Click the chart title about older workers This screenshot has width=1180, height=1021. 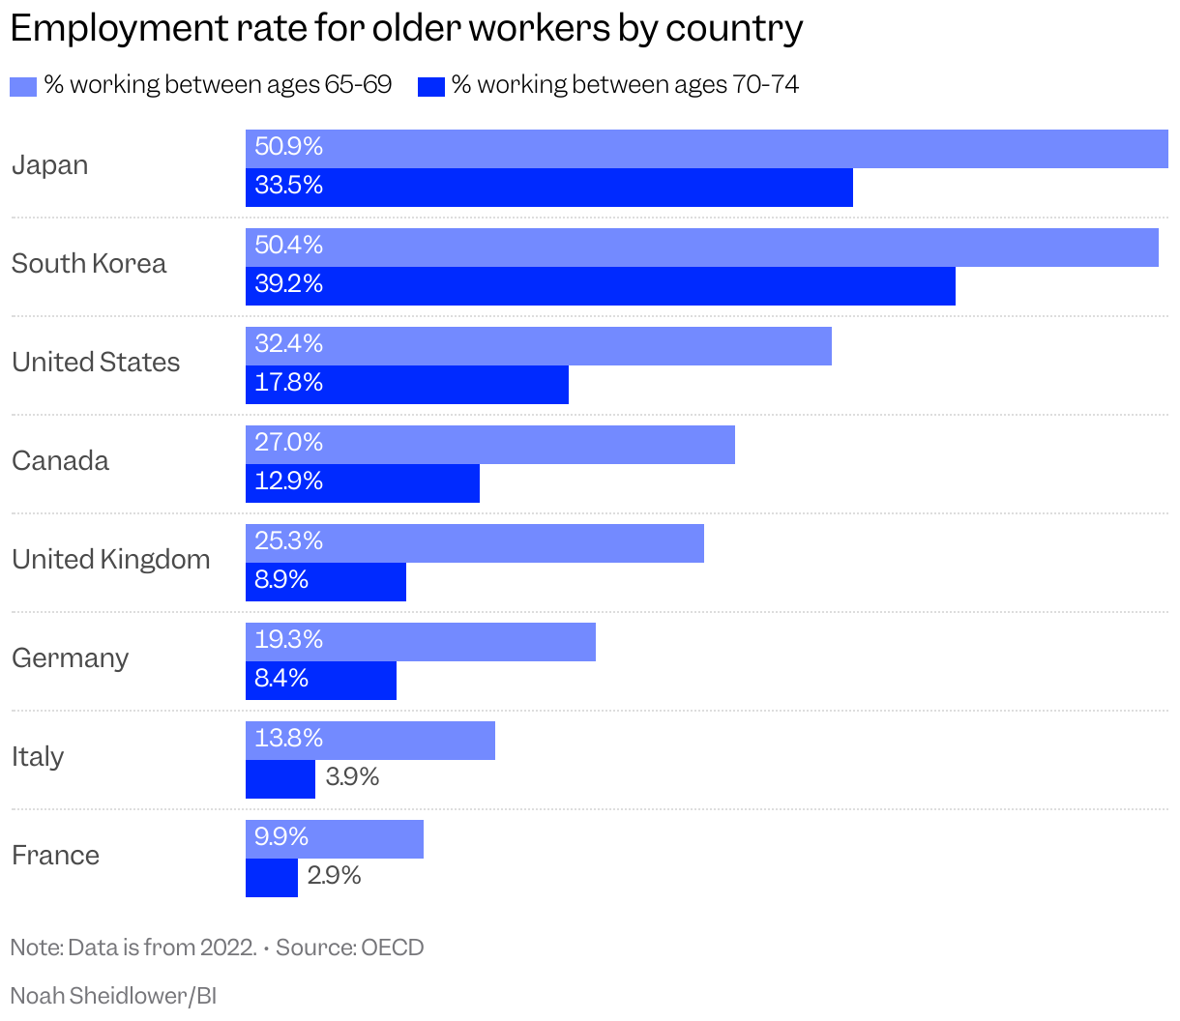[406, 29]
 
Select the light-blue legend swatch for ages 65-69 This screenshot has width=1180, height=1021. [22, 87]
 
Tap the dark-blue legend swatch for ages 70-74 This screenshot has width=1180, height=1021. [430, 87]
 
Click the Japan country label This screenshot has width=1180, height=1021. [49, 165]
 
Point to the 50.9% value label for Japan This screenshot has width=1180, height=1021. [288, 147]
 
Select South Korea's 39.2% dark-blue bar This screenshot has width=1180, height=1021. [600, 286]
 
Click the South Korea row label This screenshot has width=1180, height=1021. [88, 264]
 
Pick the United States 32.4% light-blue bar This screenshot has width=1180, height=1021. [538, 346]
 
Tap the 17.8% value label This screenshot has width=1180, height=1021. [288, 383]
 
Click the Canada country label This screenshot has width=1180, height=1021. [60, 461]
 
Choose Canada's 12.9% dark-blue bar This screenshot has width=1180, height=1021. [362, 483]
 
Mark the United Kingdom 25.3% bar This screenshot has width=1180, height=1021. [474, 543]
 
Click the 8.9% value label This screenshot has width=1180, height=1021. [281, 580]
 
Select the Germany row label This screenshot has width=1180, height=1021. [70, 658]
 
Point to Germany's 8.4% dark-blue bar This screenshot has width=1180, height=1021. [320, 681]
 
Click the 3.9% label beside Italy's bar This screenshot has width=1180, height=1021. [352, 777]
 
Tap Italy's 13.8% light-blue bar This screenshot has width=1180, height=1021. [369, 741]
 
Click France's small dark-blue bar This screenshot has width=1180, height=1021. [272, 878]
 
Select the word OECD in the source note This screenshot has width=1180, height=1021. [393, 948]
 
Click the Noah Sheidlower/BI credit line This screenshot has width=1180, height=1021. [113, 996]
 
